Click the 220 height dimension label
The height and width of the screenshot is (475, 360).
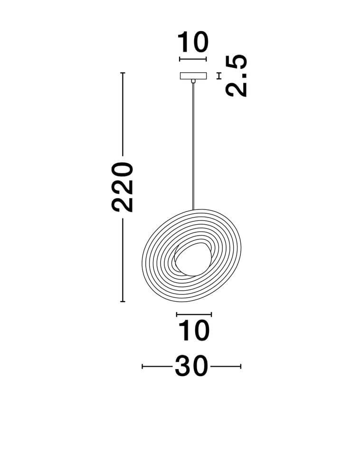pos(123,187)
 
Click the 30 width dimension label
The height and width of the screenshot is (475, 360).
pos(192,367)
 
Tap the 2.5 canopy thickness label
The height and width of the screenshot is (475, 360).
pos(237,76)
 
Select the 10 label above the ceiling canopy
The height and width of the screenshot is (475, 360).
pos(193,42)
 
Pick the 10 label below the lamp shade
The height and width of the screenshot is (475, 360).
pos(194,330)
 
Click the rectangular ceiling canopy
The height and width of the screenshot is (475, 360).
pos(193,76)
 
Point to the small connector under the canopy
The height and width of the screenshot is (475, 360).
pos(193,81)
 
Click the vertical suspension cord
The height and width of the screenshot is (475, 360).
pos(193,146)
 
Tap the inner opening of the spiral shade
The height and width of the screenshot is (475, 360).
pos(192,260)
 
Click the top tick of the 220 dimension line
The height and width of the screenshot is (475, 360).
pos(123,73)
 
